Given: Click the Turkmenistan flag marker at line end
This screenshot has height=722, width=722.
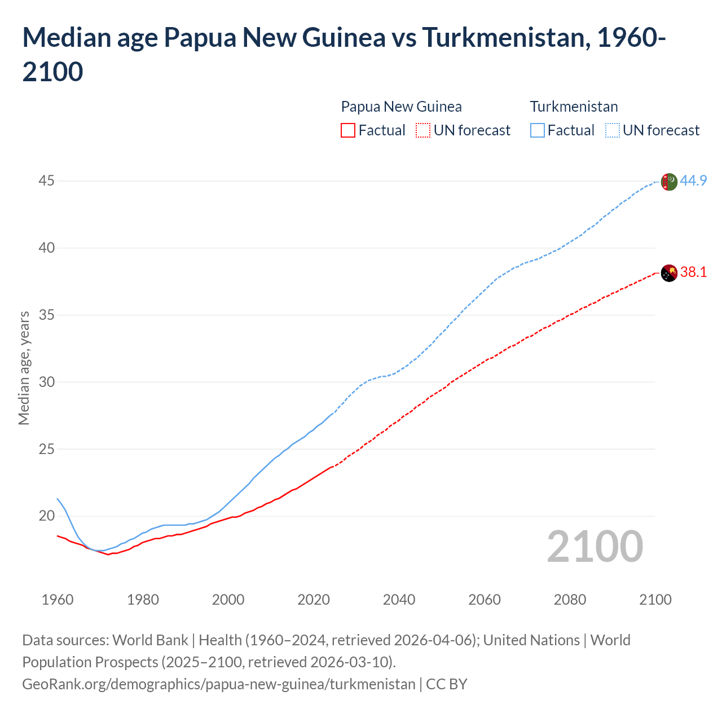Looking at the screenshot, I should pos(668,182).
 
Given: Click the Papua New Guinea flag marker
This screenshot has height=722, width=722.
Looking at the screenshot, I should pos(668,273).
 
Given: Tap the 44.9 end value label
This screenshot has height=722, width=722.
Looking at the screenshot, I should pos(693,181).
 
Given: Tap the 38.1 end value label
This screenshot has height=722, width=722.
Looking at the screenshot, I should pos(693,272).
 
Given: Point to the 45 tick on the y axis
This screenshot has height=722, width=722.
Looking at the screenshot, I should pos(47,181).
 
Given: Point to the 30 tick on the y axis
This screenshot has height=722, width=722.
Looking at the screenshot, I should pos(47,382).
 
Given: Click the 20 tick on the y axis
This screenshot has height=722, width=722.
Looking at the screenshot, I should pos(47,516).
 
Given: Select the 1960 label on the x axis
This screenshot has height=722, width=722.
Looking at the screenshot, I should pos(58,600).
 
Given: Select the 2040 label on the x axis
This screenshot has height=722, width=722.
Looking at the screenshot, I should pos(399,600).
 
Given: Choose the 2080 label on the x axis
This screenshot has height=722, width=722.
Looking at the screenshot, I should pos(570,600).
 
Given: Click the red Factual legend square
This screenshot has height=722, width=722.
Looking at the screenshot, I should pos(348,130).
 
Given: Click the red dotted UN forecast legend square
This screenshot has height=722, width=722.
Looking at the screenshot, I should pos(423,130).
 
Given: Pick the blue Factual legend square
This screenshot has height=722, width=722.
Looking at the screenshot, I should pos(538,130).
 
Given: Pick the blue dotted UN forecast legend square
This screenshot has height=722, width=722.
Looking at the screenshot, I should pos(613,130).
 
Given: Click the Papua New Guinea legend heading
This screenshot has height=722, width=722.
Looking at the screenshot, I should pos(401,107).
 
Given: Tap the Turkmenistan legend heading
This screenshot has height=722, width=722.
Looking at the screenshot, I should pos(574,107).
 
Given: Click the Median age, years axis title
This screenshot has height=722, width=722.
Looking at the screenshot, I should pos(24,368).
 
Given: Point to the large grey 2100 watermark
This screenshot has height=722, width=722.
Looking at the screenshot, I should pos(595,547).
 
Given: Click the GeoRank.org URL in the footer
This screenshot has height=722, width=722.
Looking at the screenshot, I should pos(218,684).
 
